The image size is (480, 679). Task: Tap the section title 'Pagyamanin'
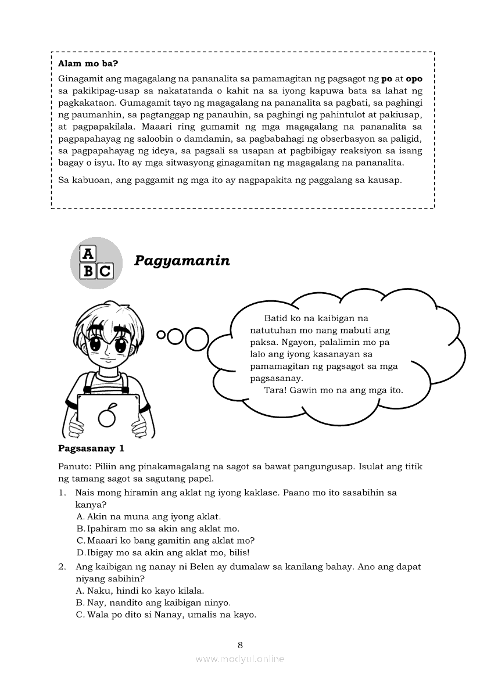coord(182,261)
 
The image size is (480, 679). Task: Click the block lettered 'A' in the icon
coord(88,254)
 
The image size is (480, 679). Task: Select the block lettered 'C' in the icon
coord(105,271)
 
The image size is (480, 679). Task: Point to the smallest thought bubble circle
coord(161,335)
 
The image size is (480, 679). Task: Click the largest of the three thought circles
coord(196,339)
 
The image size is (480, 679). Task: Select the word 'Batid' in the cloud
coord(275,318)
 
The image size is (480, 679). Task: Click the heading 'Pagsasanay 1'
coord(91,448)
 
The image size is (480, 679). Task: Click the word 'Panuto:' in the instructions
coord(74,467)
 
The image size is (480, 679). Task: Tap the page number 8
coord(240,645)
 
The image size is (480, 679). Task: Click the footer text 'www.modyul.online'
coord(240,659)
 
